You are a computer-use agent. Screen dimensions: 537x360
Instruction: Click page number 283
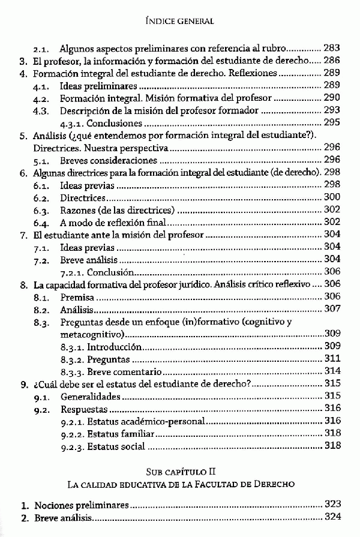tap(332, 47)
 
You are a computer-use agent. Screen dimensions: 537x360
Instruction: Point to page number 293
tap(332, 110)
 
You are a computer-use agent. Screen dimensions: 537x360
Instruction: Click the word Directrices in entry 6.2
tap(83, 198)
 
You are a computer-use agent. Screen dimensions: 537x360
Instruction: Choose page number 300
tap(332, 198)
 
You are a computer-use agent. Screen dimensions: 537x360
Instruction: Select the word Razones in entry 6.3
tap(79, 210)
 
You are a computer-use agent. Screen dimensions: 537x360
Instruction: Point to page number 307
tap(332, 310)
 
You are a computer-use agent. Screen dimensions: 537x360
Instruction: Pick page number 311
tap(332, 359)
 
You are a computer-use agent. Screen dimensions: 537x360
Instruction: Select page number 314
tap(332, 371)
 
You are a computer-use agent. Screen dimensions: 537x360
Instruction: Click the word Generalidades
tap(91, 397)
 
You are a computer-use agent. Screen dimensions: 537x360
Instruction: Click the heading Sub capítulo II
tap(180, 470)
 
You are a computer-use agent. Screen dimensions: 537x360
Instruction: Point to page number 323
tap(332, 505)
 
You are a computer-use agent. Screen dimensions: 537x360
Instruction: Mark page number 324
tap(332, 517)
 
